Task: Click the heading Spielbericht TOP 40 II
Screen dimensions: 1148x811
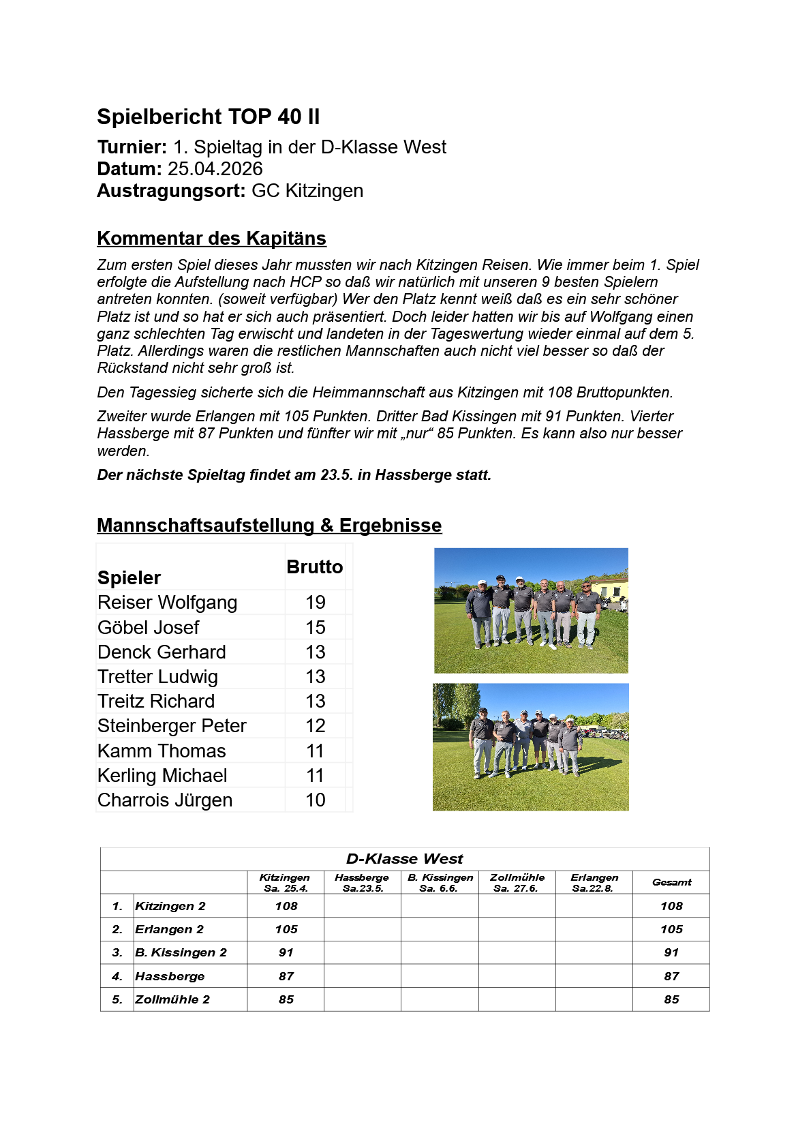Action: (x=208, y=117)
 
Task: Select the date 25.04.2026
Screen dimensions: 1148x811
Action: (x=215, y=169)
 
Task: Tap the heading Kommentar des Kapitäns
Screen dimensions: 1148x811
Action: (x=211, y=238)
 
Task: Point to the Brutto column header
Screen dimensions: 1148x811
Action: (x=314, y=567)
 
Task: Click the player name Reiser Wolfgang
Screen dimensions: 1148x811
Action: (x=167, y=603)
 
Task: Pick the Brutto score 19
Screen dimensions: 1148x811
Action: (x=315, y=603)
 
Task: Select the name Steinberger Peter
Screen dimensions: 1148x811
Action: (x=172, y=726)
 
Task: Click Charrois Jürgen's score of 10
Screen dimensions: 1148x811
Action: (x=315, y=800)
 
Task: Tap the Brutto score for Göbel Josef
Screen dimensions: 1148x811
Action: (x=315, y=627)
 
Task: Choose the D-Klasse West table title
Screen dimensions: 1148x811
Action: (x=404, y=859)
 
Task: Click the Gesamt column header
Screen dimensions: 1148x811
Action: (x=671, y=882)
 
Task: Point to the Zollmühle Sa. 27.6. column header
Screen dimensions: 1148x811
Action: (x=517, y=883)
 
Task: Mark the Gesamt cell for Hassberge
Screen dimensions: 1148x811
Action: (x=671, y=976)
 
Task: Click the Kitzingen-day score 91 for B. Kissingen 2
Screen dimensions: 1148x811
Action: (x=286, y=952)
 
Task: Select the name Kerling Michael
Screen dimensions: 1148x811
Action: (x=162, y=776)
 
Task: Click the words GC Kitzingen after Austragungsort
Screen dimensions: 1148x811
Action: (x=307, y=191)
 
